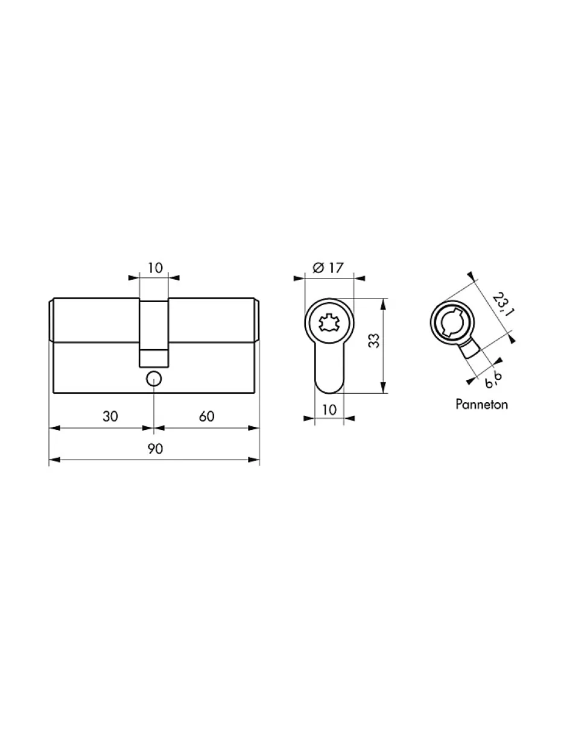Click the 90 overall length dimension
point(155,449)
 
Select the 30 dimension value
point(110,417)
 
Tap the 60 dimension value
point(206,417)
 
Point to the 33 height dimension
point(374,341)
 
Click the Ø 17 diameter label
point(328,268)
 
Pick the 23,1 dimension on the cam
point(503,304)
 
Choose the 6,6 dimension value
point(493,380)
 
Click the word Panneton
point(481,404)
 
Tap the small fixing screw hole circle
point(154,379)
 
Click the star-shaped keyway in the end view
point(329,323)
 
